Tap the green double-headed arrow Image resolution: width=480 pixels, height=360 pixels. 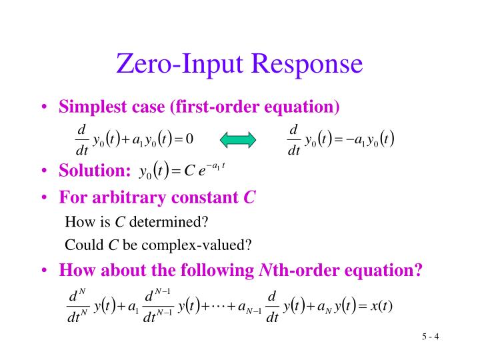point(238,139)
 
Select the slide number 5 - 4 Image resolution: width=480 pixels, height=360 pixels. point(430,336)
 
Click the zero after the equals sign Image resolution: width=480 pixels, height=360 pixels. point(189,139)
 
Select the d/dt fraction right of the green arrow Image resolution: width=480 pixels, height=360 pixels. point(293,139)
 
